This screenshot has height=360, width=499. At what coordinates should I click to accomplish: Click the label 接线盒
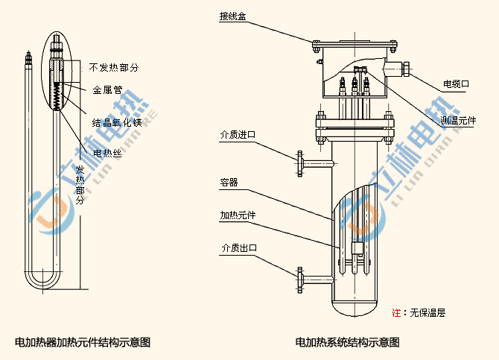click(233, 16)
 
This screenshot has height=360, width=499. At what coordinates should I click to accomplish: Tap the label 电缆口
click(456, 84)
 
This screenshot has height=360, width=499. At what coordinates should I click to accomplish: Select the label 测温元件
click(458, 120)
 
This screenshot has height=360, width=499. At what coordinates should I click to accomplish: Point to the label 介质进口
click(237, 135)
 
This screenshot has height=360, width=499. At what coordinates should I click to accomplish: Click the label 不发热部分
click(114, 68)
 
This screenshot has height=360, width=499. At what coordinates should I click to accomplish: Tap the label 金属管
click(107, 90)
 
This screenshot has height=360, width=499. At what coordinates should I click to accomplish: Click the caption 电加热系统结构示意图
click(347, 343)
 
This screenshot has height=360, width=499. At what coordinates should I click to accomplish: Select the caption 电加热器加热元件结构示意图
click(83, 343)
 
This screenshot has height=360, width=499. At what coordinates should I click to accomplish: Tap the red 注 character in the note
click(396, 312)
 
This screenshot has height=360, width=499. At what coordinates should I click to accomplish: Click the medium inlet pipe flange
click(300, 163)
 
